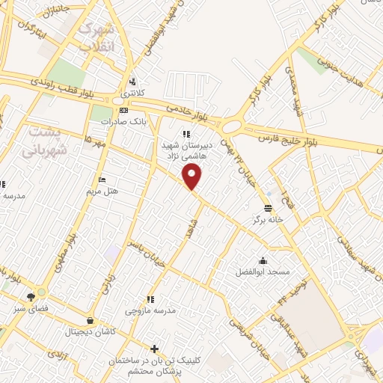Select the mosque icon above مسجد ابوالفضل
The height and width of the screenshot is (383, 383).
(x=263, y=260)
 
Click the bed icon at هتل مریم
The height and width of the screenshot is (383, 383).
(x=102, y=180)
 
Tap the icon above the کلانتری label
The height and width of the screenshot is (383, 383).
(x=132, y=82)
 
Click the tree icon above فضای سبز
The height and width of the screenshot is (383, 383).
(x=31, y=297)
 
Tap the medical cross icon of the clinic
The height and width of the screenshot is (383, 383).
(x=154, y=349)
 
